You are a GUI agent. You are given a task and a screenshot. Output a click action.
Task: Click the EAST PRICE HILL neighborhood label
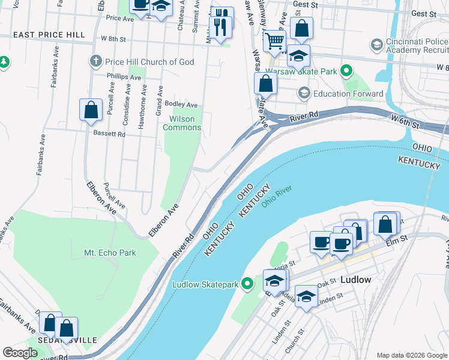[49, 35]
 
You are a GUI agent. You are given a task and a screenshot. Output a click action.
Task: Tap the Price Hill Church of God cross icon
[94, 61]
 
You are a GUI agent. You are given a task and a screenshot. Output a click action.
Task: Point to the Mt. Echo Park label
[110, 253]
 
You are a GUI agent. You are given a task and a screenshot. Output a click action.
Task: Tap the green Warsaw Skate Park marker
[346, 71]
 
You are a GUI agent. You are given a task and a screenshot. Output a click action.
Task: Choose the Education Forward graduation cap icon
[304, 94]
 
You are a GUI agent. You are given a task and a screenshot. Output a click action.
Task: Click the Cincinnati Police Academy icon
[376, 44]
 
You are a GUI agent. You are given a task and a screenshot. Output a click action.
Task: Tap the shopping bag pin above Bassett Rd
[91, 110]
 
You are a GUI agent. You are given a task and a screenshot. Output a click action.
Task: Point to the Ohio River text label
[276, 197]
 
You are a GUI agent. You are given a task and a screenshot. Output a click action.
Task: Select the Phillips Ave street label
[119, 76]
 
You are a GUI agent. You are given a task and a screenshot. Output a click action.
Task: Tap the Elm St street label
[396, 239]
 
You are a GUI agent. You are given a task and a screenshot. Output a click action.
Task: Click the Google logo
[20, 353]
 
